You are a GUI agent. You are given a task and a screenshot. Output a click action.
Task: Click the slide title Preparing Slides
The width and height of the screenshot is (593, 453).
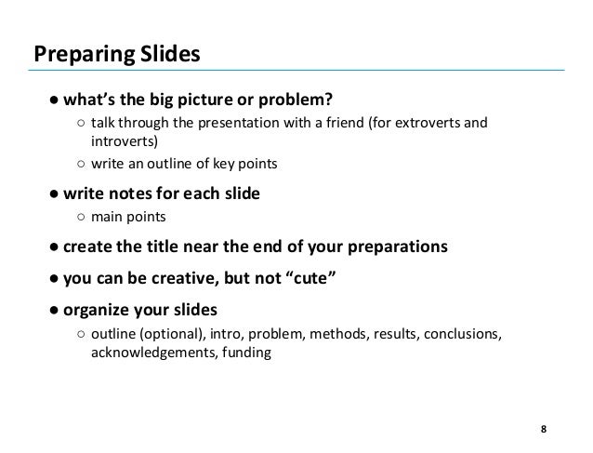click(x=116, y=54)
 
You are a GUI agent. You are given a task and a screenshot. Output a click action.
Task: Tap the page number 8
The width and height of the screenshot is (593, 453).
click(x=544, y=429)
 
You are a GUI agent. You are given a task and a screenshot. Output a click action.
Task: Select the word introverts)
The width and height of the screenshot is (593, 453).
click(x=125, y=141)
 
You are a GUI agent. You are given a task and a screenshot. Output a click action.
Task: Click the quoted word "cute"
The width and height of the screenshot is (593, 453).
click(x=311, y=279)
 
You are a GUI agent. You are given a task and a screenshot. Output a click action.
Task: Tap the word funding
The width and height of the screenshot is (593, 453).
click(x=244, y=353)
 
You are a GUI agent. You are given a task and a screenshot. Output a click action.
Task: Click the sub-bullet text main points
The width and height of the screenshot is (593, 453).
click(x=128, y=219)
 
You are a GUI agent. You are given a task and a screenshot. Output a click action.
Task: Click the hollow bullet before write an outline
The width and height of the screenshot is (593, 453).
click(x=82, y=164)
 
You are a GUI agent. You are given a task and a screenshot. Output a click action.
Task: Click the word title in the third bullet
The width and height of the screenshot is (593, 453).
click(x=167, y=248)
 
